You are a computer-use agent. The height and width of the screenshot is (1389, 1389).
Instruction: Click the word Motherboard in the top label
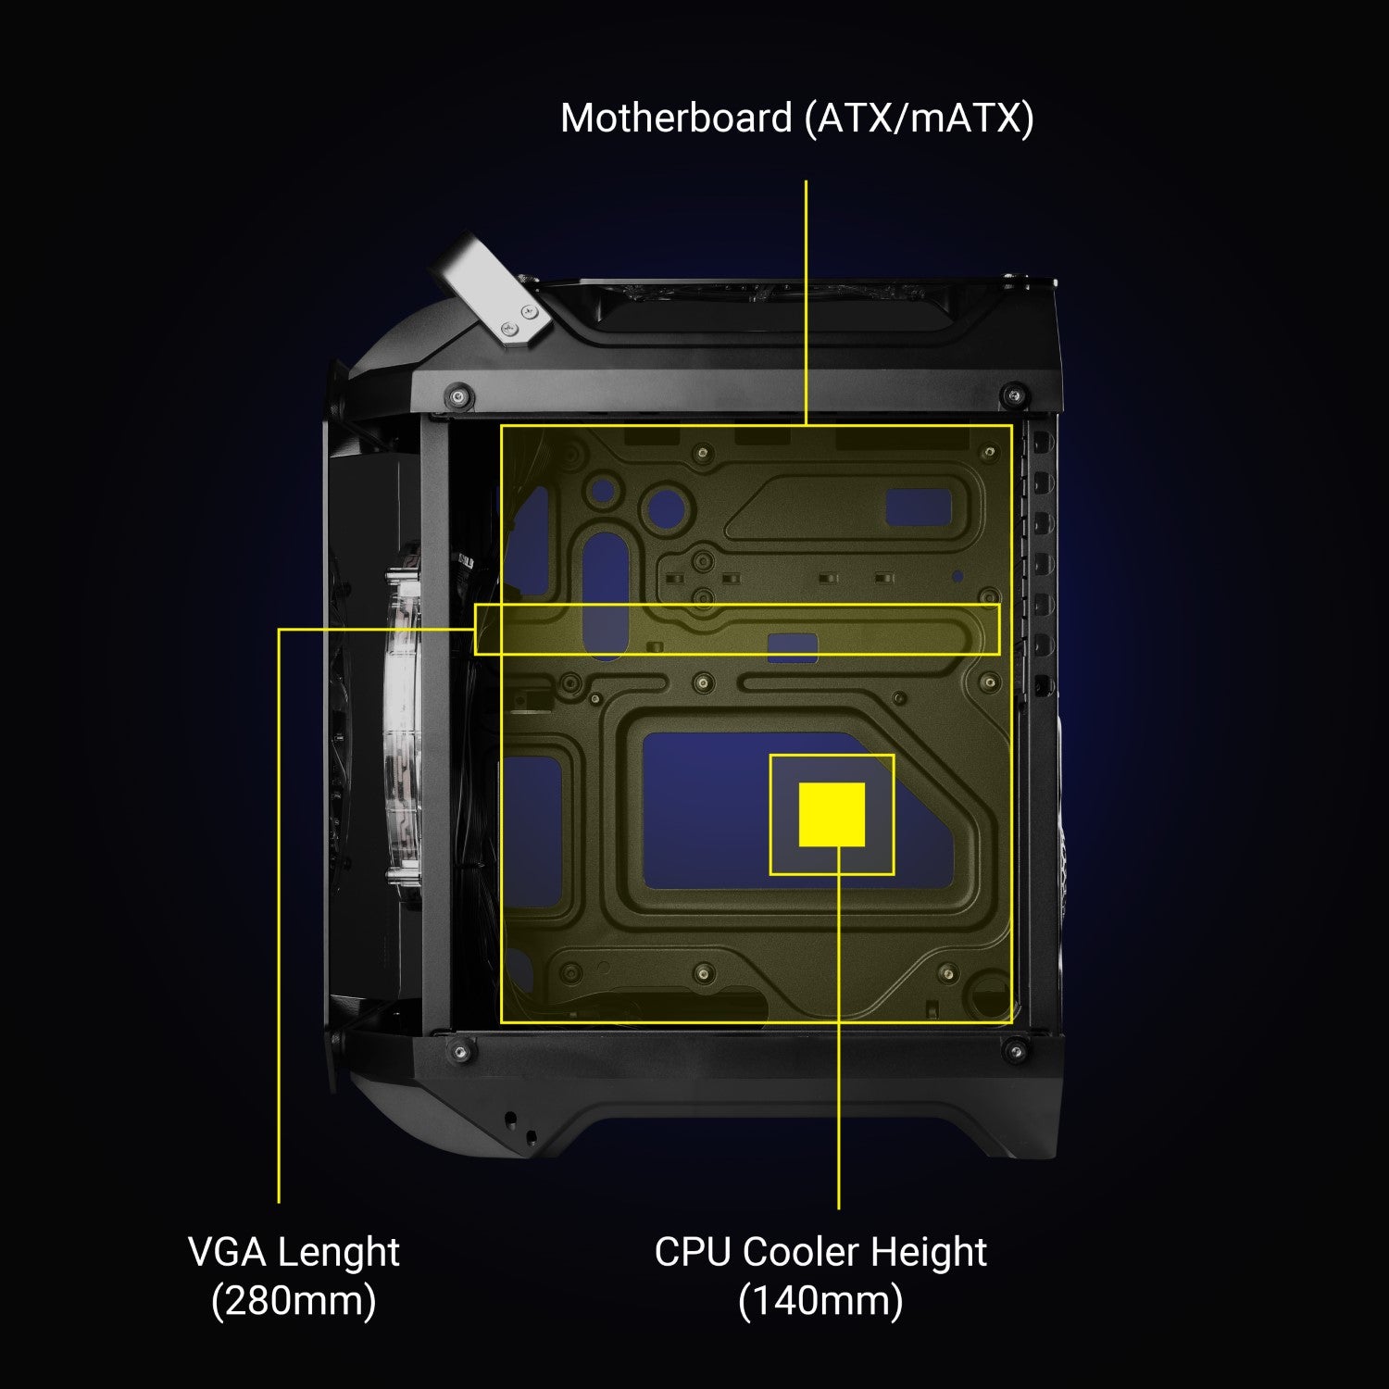pyautogui.click(x=677, y=119)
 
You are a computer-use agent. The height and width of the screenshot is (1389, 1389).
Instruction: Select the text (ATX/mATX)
pyautogui.click(x=920, y=119)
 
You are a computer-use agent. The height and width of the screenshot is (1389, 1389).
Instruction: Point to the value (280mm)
pyautogui.click(x=294, y=1301)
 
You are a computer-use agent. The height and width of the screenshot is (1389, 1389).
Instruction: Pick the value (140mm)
pyautogui.click(x=820, y=1301)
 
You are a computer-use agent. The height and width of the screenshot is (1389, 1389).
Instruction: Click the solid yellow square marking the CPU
pyautogui.click(x=832, y=815)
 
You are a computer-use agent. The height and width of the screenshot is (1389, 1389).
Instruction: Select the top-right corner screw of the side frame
pyautogui.click(x=1016, y=395)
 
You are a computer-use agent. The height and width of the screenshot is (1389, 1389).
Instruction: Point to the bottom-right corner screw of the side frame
pyautogui.click(x=1016, y=1049)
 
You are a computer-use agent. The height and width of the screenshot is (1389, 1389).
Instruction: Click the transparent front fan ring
pyautogui.click(x=402, y=722)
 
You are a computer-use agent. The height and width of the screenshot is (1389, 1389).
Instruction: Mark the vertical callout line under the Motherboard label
pyautogui.click(x=806, y=303)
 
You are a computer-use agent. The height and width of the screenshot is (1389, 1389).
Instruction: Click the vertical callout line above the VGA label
pyautogui.click(x=279, y=915)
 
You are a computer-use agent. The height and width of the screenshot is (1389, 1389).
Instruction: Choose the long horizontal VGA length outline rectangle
pyautogui.click(x=737, y=606)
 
